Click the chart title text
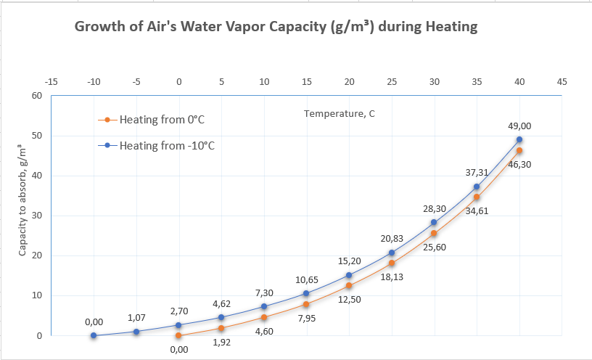click(x=276, y=28)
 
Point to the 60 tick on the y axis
click(x=36, y=96)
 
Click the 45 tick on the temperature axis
click(x=562, y=82)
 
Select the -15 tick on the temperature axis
click(x=51, y=82)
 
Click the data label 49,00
click(x=519, y=126)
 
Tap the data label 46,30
click(x=519, y=165)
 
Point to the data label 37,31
click(x=477, y=173)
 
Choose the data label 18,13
click(x=392, y=277)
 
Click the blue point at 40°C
click(x=519, y=139)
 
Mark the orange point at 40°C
click(x=519, y=150)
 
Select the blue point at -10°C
click(x=94, y=335)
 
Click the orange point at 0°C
click(x=178, y=335)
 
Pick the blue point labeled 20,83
click(x=392, y=253)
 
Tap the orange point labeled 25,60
click(x=434, y=233)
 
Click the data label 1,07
click(x=136, y=318)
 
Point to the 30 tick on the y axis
click(x=36, y=216)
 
